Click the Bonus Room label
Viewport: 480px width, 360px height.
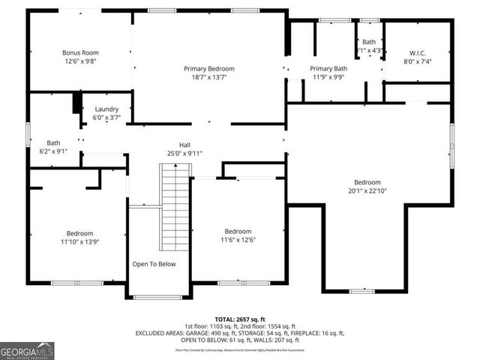click(x=80, y=52)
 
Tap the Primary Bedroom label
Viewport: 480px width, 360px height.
click(x=209, y=68)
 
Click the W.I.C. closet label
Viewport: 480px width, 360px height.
click(x=417, y=52)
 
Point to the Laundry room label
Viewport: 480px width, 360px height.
click(x=105, y=108)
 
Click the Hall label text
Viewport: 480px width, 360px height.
click(x=184, y=144)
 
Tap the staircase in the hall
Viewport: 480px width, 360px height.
click(x=175, y=206)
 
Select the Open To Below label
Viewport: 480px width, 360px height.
click(x=154, y=264)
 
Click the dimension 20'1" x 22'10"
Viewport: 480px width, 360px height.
click(x=367, y=191)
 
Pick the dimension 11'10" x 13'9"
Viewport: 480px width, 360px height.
click(x=79, y=242)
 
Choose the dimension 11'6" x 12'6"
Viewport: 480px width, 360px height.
click(x=238, y=240)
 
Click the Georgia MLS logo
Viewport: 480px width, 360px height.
click(x=27, y=350)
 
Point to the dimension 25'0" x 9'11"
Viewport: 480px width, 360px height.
click(x=184, y=153)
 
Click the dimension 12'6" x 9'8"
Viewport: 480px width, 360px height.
click(x=80, y=61)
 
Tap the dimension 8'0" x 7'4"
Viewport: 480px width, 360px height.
click(x=417, y=61)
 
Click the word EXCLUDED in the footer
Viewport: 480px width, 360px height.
click(x=152, y=332)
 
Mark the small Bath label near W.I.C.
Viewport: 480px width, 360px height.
click(x=369, y=42)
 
